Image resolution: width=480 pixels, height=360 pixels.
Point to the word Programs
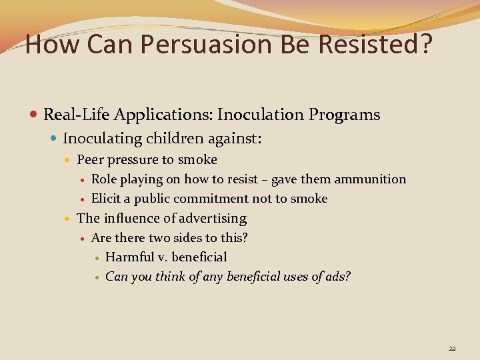344,115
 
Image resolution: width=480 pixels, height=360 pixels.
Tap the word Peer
89,159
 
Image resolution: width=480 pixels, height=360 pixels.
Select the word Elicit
105,198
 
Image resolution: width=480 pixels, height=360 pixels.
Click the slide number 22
452,348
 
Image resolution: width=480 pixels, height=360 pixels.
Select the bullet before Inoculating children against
55,139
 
